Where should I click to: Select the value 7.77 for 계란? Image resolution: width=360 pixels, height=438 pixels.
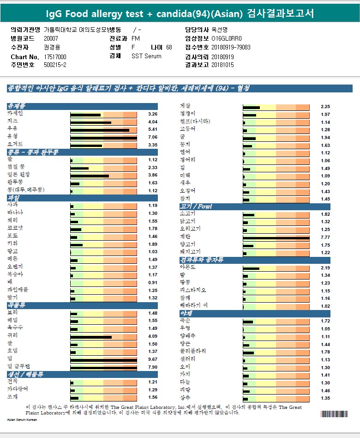tap(325, 237)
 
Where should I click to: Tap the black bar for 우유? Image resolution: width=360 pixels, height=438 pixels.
tap(100, 130)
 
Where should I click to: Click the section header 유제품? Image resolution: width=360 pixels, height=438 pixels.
tap(17, 106)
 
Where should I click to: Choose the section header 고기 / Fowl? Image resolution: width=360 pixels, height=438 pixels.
tap(196, 207)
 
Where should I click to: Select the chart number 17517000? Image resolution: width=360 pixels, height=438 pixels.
tap(55, 56)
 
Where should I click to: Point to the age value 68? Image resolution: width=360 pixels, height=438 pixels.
tap(169, 48)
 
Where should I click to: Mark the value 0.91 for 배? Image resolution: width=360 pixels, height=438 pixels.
tap(152, 282)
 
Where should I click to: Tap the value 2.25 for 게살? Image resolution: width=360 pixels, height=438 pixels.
tap(325, 107)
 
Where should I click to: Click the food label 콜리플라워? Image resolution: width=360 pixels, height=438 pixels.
tap(192, 352)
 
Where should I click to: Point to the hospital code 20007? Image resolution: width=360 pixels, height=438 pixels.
tap(51, 39)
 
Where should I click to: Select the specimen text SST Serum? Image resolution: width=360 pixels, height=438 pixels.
tap(146, 56)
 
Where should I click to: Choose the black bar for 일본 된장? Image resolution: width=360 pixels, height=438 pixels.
tap(90, 176)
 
